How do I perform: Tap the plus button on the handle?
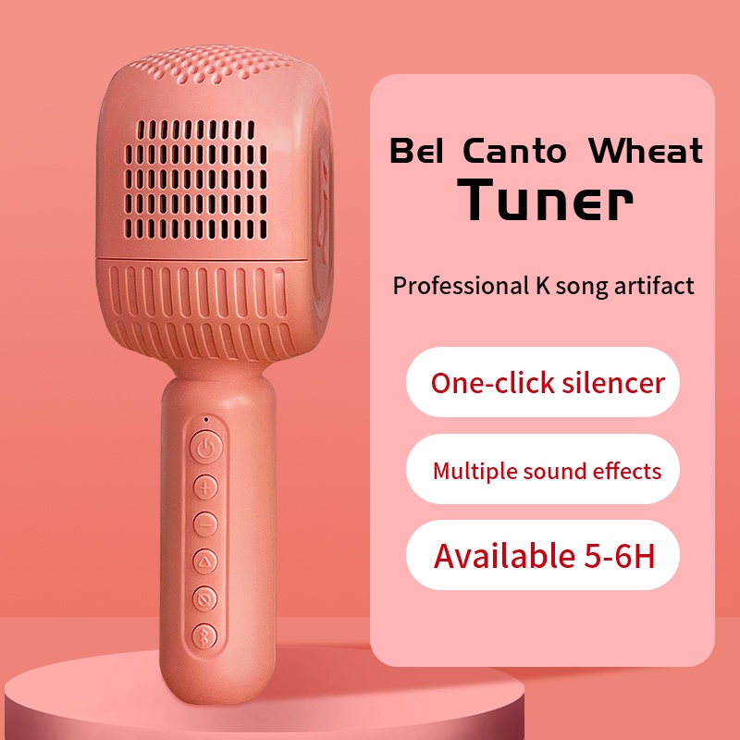[x=204, y=487]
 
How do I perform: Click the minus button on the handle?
[x=204, y=524]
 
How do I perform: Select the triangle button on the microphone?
[x=204, y=561]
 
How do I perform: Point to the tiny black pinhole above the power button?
[x=204, y=419]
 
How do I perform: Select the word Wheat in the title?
[x=646, y=150]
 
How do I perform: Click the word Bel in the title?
[x=418, y=150]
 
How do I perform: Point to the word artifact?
[x=654, y=285]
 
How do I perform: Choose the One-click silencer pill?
[x=543, y=382]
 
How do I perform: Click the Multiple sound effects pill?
[x=543, y=470]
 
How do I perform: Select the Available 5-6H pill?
[x=543, y=556]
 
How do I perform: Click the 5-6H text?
[x=618, y=556]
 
